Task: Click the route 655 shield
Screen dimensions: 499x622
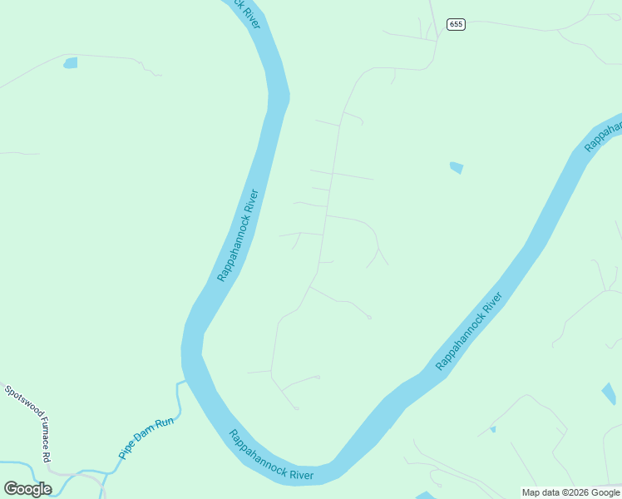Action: (455, 24)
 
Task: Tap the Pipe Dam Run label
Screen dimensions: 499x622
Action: (146, 438)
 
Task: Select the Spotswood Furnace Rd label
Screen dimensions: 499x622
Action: (27, 423)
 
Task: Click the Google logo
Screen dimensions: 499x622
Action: (27, 489)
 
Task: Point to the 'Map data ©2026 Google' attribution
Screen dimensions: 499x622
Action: (570, 492)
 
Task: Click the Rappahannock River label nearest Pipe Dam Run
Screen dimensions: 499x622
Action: (271, 455)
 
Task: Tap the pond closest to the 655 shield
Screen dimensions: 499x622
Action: (456, 167)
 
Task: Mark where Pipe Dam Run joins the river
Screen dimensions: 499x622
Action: (183, 382)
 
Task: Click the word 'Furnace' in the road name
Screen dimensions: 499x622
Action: (32, 427)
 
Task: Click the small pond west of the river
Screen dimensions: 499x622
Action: (71, 62)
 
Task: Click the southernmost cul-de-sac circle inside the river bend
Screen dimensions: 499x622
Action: (296, 408)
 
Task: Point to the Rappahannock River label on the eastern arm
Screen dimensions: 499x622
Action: (470, 331)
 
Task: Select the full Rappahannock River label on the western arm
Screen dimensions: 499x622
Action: (239, 235)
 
